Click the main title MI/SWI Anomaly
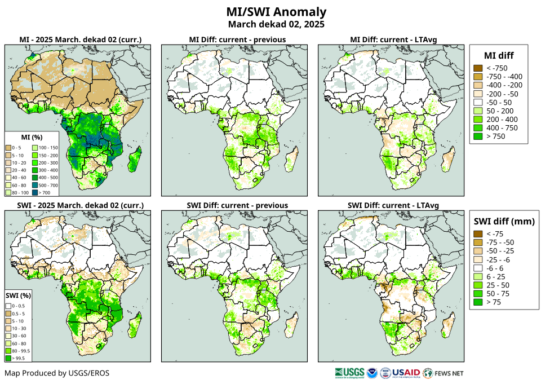(276, 12)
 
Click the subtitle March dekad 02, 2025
(276, 24)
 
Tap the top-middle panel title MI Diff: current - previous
(237, 39)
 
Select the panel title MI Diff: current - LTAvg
(394, 39)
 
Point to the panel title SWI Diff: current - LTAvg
(393, 205)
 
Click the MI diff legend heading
(499, 55)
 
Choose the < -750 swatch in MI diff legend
(478, 68)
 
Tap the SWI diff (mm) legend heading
(504, 221)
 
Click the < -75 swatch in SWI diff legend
(478, 234)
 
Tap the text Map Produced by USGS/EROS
(57, 373)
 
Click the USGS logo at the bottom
(348, 373)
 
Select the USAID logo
(406, 373)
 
